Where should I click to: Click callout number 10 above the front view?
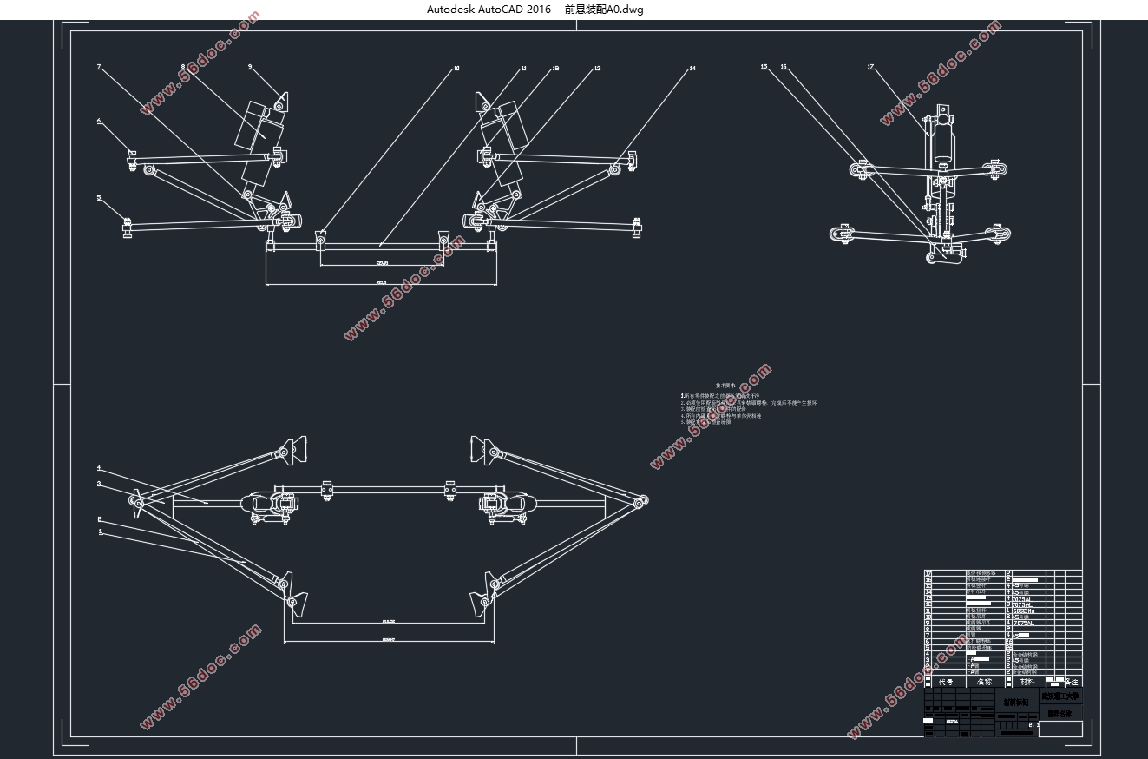(456, 68)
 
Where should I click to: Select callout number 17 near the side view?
(870, 67)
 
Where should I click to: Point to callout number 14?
(692, 68)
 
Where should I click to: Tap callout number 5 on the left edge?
(99, 198)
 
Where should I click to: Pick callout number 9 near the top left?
(250, 67)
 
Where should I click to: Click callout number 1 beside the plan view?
(100, 531)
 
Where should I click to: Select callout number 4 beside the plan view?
(99, 468)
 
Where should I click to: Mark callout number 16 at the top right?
(784, 67)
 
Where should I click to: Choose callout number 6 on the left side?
(99, 122)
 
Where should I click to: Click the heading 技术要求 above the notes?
(725, 385)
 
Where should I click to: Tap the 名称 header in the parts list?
(984, 682)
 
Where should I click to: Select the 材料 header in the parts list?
(1027, 682)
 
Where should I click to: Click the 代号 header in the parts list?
(945, 682)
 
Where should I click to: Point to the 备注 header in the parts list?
(1073, 682)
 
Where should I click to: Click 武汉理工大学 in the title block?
(1060, 696)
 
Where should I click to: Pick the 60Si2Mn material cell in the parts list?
(1024, 611)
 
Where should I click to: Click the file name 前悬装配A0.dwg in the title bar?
(604, 10)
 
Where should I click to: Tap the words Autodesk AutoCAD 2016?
(489, 10)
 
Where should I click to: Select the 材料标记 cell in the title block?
(1015, 702)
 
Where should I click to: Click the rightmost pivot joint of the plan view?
(642, 500)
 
